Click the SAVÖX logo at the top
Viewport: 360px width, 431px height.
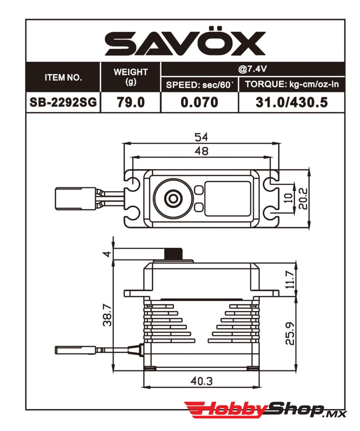point(185,44)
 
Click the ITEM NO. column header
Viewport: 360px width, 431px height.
point(63,77)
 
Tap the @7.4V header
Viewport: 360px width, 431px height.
point(253,69)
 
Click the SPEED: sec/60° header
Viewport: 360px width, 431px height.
point(199,85)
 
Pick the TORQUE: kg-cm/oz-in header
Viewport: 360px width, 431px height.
point(292,85)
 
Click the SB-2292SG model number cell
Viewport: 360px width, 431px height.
point(63,102)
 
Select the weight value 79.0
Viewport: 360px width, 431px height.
point(131,102)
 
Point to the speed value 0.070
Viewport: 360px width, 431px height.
point(199,102)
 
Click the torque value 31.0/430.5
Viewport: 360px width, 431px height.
point(292,102)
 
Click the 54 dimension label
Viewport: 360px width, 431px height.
point(201,137)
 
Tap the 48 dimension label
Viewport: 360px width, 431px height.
point(201,151)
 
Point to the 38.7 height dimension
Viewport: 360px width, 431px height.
point(106,314)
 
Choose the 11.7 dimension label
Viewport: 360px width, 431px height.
point(290,279)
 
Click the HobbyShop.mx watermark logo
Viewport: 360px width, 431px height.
point(265,410)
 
